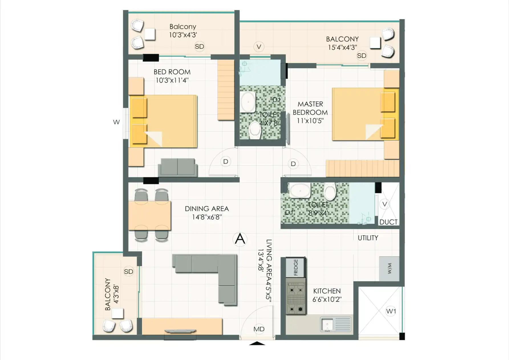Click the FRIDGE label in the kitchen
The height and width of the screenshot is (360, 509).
coord(296,267)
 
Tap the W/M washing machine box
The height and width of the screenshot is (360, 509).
coord(389,268)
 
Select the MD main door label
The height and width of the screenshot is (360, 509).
coord(259,329)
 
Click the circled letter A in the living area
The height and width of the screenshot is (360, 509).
coord(240,239)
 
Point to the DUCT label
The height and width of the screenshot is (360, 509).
coord(388,222)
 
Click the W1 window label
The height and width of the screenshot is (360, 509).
coord(391,311)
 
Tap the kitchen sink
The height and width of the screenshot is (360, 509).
coord(336,324)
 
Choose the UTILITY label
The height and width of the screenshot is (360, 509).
coord(368,238)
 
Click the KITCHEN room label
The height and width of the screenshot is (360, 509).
coord(327,291)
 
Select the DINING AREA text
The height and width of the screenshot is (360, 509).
coord(207,209)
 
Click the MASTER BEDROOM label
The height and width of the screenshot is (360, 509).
coord(310,108)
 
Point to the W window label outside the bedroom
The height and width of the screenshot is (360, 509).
coord(116,122)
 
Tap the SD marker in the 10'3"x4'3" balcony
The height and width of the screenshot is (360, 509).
coord(199,46)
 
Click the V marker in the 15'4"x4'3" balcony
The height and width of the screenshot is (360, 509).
coord(259,46)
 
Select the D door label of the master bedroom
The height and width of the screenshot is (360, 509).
coord(293,164)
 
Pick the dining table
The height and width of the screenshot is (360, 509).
coord(149,215)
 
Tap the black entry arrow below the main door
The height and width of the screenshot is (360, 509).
coord(257,343)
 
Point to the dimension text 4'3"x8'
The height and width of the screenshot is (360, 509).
coord(116,294)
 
